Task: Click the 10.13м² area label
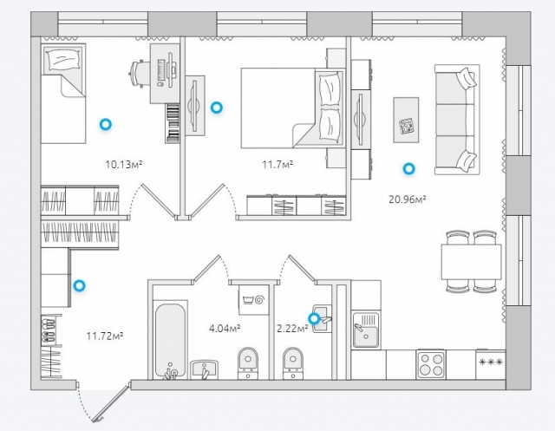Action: pos(124,164)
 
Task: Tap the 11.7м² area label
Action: pos(277,164)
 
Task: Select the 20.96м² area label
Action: pos(407,199)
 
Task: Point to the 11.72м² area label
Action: pos(105,336)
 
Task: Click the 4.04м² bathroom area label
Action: pos(225,329)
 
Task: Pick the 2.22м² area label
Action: pos(292,329)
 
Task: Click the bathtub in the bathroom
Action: pos(170,340)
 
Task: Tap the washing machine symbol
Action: pos(254,300)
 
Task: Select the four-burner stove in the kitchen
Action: pos(431,364)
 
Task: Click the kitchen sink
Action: pos(366,330)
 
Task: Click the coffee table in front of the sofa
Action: pos(406,120)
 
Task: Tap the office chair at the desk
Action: pos(137,74)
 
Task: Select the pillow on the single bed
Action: pos(63,60)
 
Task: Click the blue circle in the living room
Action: pos(408,169)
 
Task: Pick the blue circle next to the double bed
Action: pos(216,108)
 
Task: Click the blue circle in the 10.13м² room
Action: pos(106,124)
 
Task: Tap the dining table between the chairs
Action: pos(471,262)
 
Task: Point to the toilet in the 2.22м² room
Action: pos(293,362)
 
